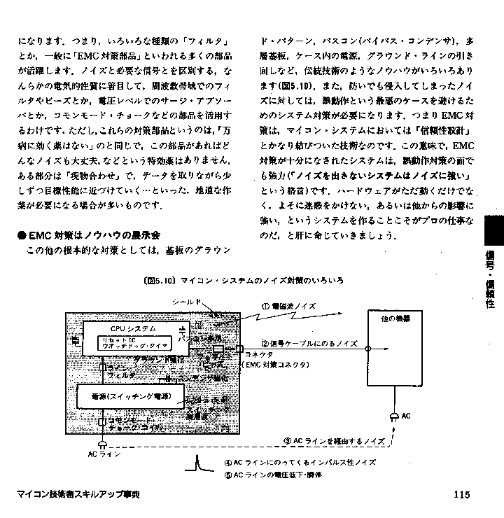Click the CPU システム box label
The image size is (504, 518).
point(133,328)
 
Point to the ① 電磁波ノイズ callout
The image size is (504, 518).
point(289,306)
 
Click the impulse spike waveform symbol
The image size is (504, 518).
point(198,464)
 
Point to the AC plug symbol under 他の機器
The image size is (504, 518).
point(394,418)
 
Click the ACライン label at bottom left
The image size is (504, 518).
point(104,454)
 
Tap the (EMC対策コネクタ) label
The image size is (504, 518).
point(271,364)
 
